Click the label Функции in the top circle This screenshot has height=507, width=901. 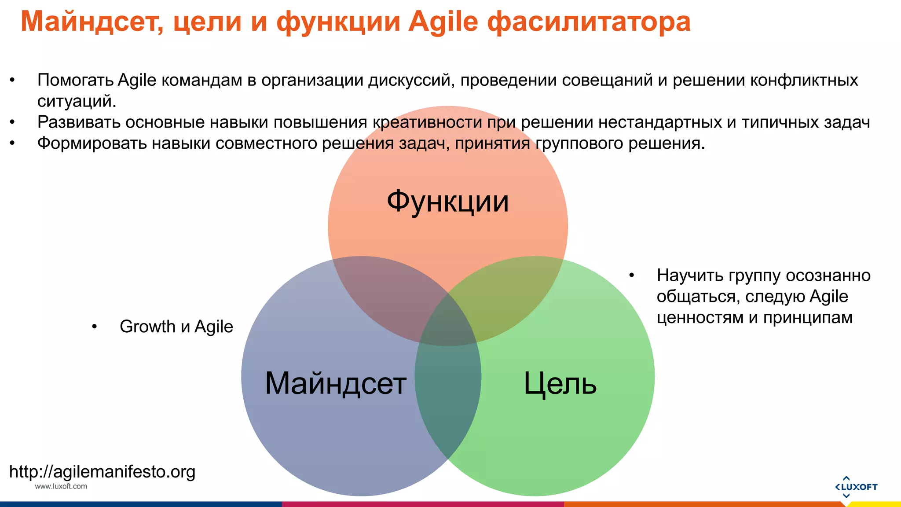(x=447, y=202)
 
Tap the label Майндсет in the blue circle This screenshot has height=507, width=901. (x=335, y=383)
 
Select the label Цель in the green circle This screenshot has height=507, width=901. (x=560, y=383)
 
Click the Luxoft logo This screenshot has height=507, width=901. (x=856, y=487)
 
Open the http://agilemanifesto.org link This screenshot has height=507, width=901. (x=102, y=472)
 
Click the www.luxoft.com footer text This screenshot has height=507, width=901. (x=61, y=486)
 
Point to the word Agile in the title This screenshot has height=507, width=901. (x=443, y=22)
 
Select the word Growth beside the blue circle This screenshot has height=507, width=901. (x=147, y=327)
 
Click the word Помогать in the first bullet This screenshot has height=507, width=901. (x=75, y=81)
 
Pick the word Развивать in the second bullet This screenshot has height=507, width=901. (x=79, y=122)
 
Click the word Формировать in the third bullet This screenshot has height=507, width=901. (x=92, y=143)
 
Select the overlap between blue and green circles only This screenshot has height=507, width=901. (x=448, y=396)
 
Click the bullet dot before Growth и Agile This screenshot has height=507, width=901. (x=94, y=327)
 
